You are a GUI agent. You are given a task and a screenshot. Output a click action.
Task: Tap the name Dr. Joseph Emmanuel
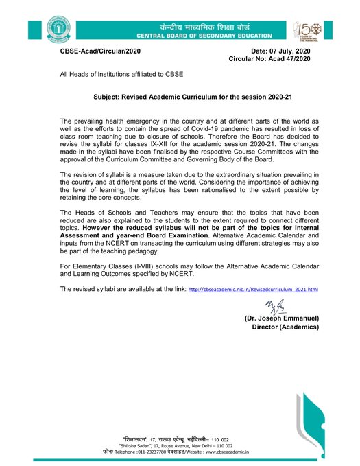[x=282, y=319]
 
